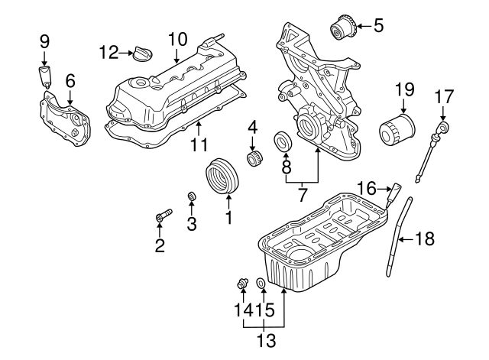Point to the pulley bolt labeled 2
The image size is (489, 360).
160,218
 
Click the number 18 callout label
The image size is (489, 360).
424,239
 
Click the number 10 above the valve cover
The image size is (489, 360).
177,37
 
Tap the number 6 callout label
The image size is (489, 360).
70,79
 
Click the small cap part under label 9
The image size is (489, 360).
45,75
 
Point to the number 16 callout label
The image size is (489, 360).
368,186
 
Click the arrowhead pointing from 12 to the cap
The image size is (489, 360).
128,52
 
